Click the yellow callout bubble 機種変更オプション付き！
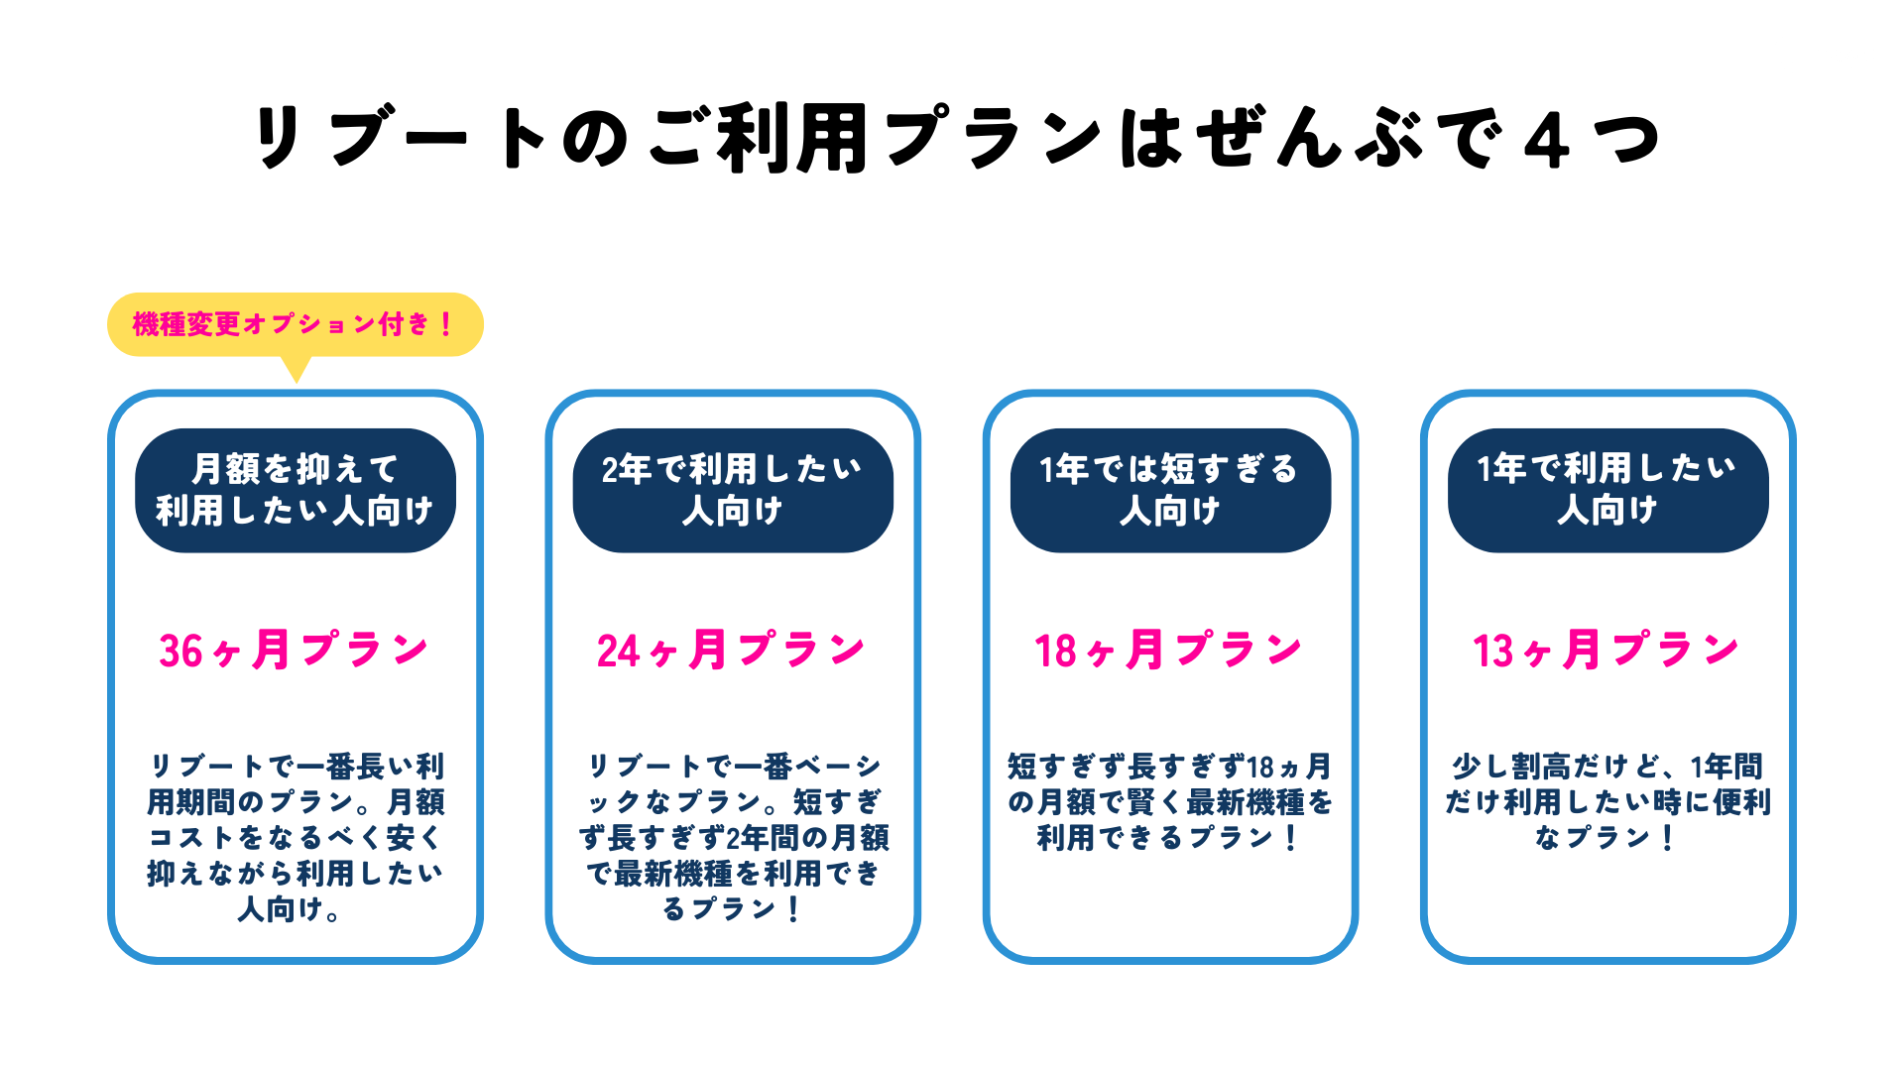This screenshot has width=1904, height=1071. pos(295,324)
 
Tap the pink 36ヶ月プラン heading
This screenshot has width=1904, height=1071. pos(295,651)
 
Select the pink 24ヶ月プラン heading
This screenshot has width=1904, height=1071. pos(732,651)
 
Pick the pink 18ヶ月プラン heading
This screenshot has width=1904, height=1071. pos(1169,651)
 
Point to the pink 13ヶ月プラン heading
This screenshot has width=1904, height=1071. pos(1606,651)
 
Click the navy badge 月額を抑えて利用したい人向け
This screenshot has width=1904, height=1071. pos(295,490)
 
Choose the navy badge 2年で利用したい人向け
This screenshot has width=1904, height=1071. pos(732,490)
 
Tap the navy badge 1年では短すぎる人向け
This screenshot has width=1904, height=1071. pos(1169,490)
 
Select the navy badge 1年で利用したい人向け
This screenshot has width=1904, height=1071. pos(1606,490)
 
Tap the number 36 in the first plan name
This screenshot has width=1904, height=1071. pos(181,652)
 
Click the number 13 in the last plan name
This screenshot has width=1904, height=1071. pos(1493,652)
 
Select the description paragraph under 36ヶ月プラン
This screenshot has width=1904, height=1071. pos(295,837)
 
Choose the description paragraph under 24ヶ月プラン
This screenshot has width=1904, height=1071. pos(732,837)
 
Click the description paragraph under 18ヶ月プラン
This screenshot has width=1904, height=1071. pos(1169,801)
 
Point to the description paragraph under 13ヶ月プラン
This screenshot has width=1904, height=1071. pos(1606,801)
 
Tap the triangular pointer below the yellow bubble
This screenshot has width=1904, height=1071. pos(296,369)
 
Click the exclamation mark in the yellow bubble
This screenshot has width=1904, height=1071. pos(446,324)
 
